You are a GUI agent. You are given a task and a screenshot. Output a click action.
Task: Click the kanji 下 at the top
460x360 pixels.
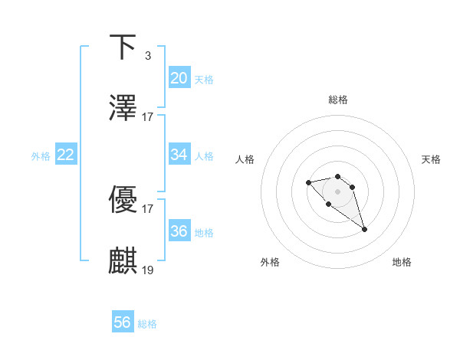click(x=123, y=47)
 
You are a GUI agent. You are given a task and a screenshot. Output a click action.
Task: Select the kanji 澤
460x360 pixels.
click(x=123, y=108)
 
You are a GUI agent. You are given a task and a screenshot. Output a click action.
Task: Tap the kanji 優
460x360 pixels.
click(x=123, y=200)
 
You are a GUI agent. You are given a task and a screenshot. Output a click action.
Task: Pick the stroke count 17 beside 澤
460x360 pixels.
click(x=148, y=117)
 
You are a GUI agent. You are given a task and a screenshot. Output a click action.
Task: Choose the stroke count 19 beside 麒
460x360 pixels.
click(x=148, y=270)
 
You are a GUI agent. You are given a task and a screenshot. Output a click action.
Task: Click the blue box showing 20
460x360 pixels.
click(x=179, y=78)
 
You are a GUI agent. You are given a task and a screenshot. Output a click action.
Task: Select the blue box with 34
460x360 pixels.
click(x=179, y=155)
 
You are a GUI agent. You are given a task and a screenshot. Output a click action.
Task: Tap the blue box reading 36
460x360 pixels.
click(x=179, y=231)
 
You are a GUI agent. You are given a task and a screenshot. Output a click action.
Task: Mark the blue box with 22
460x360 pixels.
click(x=66, y=155)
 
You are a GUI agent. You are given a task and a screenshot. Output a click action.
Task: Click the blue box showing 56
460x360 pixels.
click(x=123, y=322)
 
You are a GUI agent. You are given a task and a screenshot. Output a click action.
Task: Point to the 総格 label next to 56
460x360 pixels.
click(x=147, y=324)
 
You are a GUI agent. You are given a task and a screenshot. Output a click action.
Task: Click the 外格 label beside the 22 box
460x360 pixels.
click(x=41, y=156)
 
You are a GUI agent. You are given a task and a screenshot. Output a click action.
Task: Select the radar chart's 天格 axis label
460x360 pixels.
click(x=431, y=159)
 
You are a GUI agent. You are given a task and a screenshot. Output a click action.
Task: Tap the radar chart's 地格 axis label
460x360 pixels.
click(x=402, y=262)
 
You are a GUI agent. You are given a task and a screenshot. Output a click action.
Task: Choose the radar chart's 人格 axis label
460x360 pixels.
click(x=245, y=159)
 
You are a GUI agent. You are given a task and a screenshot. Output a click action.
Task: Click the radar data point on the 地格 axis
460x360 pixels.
click(x=364, y=229)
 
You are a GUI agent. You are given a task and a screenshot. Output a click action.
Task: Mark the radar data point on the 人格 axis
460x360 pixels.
click(x=308, y=182)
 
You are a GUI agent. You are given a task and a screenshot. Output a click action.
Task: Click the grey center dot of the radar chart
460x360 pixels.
click(x=337, y=191)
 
